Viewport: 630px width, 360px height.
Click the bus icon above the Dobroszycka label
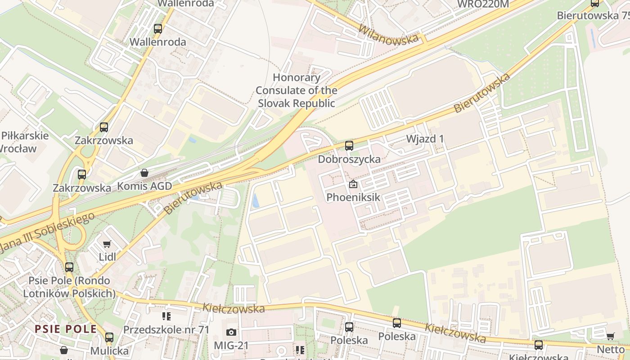[349, 146]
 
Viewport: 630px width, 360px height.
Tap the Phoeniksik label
[353, 197]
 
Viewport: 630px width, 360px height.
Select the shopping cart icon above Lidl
[107, 244]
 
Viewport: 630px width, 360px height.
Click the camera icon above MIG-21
[231, 332]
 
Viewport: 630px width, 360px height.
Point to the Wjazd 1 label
[425, 139]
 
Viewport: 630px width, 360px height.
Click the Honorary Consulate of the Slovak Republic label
[297, 90]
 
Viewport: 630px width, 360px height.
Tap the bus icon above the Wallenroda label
[158, 29]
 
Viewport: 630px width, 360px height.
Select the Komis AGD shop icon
[144, 173]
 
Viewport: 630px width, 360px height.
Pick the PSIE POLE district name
[66, 329]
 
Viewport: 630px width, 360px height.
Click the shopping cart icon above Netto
[611, 337]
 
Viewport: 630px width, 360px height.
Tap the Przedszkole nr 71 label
[166, 330]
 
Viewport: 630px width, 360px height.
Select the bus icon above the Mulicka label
[109, 337]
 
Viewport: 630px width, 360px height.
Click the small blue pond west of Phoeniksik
[256, 200]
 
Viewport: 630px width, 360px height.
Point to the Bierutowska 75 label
[593, 15]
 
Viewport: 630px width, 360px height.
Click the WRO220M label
[483, 4]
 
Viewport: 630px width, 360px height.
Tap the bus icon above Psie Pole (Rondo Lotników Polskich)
[69, 267]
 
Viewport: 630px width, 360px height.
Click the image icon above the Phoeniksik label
[353, 184]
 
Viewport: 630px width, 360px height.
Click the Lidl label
[108, 257]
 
